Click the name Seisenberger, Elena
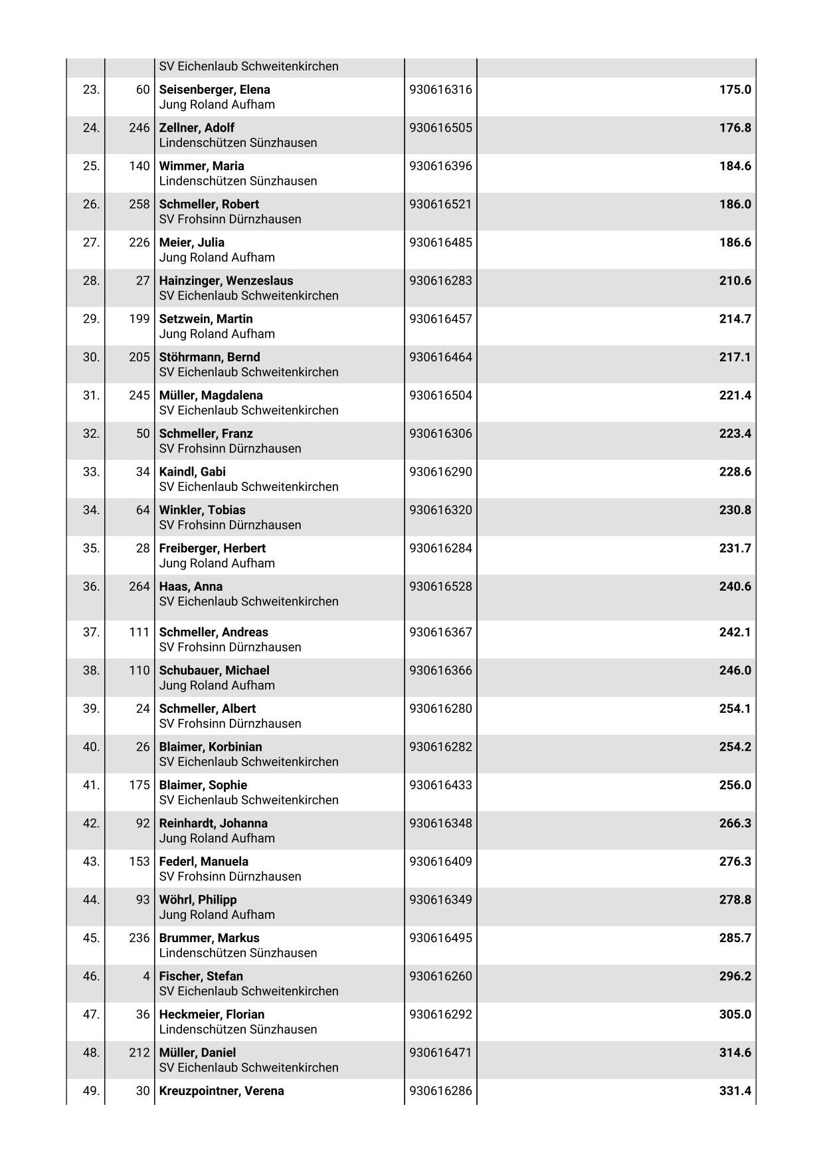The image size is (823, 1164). pyautogui.click(x=215, y=90)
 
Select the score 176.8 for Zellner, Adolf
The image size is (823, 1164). pyautogui.click(x=735, y=128)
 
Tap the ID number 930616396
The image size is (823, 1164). pyautogui.click(x=440, y=166)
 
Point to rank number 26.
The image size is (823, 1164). pyautogui.click(x=91, y=204)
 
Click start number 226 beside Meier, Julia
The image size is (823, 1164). pyautogui.click(x=139, y=242)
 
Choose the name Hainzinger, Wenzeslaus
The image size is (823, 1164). pyautogui.click(x=226, y=280)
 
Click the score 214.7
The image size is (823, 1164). pyautogui.click(x=735, y=319)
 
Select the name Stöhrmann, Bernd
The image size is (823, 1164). pyautogui.click(x=209, y=357)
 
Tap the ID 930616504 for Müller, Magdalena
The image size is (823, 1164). pyautogui.click(x=440, y=395)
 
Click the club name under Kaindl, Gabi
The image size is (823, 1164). pyautogui.click(x=248, y=487)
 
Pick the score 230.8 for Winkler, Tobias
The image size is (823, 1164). pyautogui.click(x=735, y=510)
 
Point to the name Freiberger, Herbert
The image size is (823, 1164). pyautogui.click(x=212, y=548)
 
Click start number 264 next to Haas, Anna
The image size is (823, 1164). pyautogui.click(x=139, y=587)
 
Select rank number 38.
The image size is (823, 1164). pyautogui.click(x=91, y=670)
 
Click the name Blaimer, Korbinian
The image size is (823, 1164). pyautogui.click(x=211, y=747)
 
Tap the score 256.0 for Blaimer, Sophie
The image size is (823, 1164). pyautogui.click(x=735, y=785)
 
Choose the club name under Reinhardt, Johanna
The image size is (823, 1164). pyautogui.click(x=217, y=838)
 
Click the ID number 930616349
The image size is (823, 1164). pyautogui.click(x=440, y=900)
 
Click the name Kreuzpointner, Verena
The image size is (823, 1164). pyautogui.click(x=221, y=1091)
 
